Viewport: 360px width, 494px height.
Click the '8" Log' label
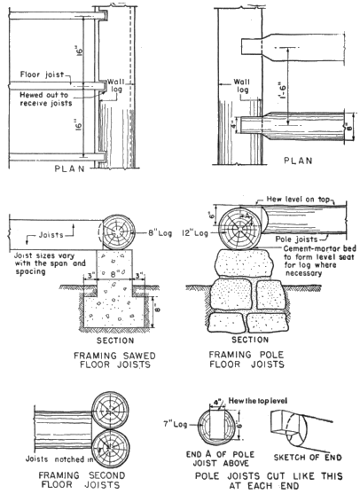(160, 233)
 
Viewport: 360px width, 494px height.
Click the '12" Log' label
(195, 233)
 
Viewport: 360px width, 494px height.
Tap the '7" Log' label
(175, 424)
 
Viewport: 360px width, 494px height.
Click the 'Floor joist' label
(42, 74)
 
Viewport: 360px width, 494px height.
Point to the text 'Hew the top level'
(258, 401)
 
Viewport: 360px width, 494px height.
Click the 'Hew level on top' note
(298, 200)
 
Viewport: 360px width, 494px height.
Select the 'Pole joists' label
(296, 239)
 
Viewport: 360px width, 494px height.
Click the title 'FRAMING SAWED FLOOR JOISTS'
(114, 360)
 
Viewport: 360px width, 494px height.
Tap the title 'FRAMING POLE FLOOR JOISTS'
(247, 359)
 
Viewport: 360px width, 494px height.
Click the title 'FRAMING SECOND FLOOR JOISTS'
(82, 480)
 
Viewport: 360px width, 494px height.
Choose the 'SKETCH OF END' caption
(308, 457)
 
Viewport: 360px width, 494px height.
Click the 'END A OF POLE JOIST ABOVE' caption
(220, 459)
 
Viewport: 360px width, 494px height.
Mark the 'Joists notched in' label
(59, 459)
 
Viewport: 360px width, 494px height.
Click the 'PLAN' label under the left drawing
(70, 169)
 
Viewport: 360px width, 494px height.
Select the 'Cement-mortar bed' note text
(318, 248)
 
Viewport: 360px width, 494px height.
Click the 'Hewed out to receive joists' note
(46, 99)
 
